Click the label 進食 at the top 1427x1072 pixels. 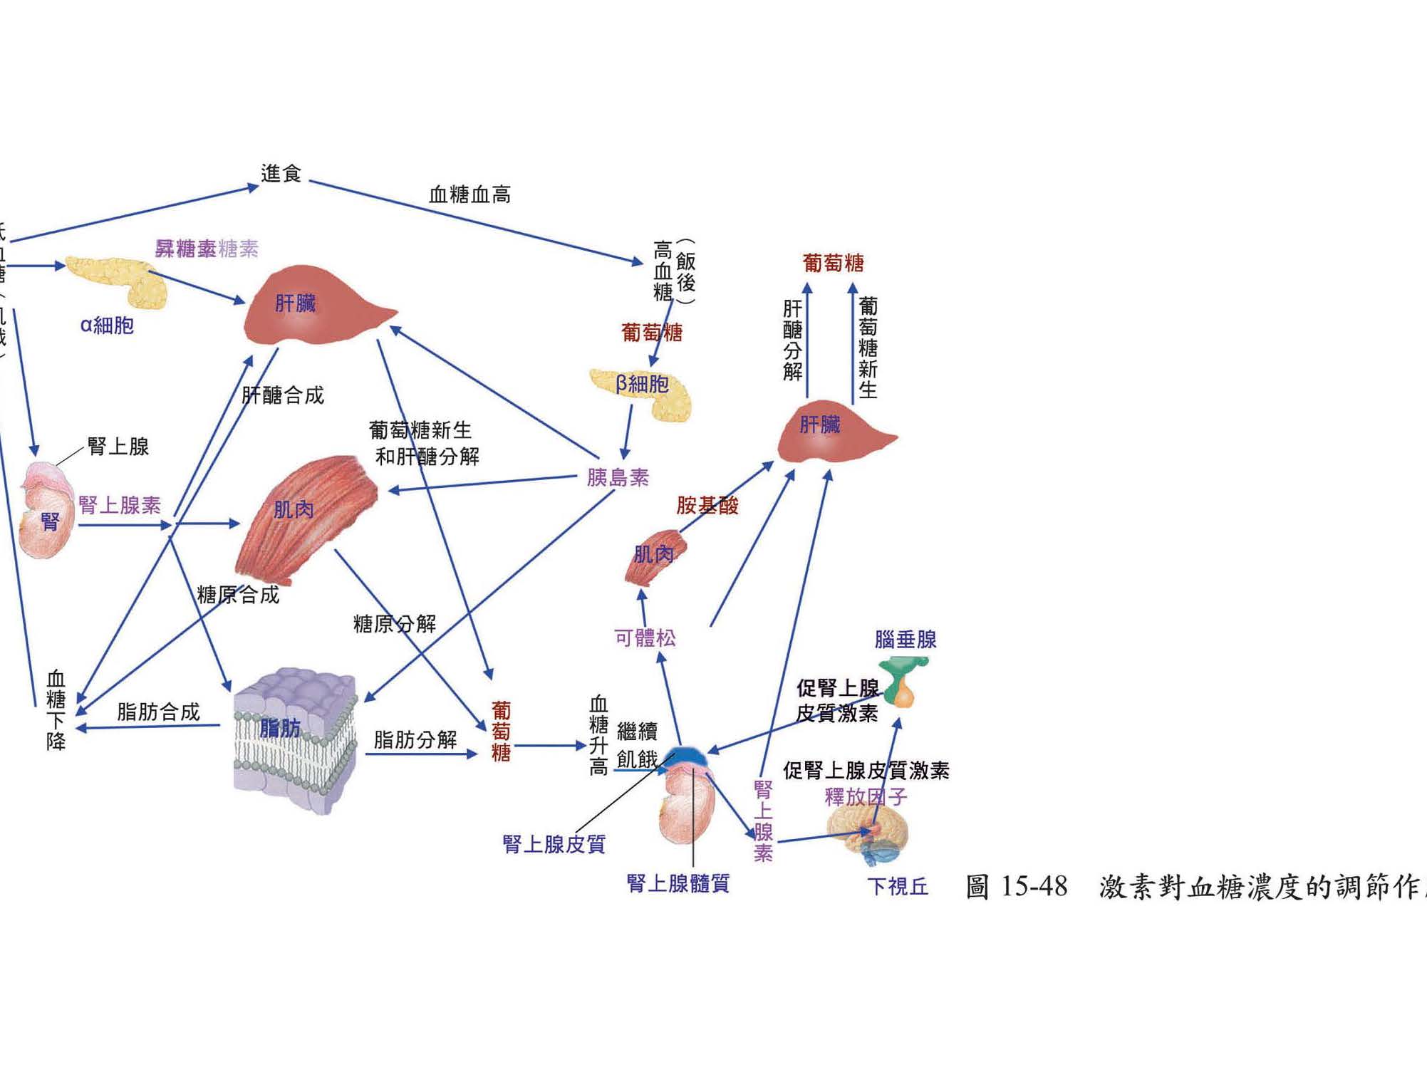click(x=281, y=173)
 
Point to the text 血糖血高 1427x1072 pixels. click(x=469, y=194)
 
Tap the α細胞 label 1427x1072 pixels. click(x=107, y=326)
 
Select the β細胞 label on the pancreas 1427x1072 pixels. click(x=642, y=385)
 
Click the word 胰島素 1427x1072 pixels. click(x=618, y=477)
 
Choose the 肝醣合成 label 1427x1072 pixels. click(x=283, y=395)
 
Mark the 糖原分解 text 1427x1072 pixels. click(x=395, y=624)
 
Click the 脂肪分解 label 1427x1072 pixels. click(x=415, y=740)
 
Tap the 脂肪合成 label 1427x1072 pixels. click(x=158, y=712)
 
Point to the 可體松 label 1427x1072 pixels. click(x=645, y=638)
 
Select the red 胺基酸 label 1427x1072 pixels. click(x=707, y=506)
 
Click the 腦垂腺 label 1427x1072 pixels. click(x=906, y=640)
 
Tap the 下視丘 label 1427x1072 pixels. click(x=898, y=886)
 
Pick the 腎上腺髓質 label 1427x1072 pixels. click(x=678, y=883)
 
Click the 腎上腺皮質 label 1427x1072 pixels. click(x=554, y=844)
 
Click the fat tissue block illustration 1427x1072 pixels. click(x=296, y=741)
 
